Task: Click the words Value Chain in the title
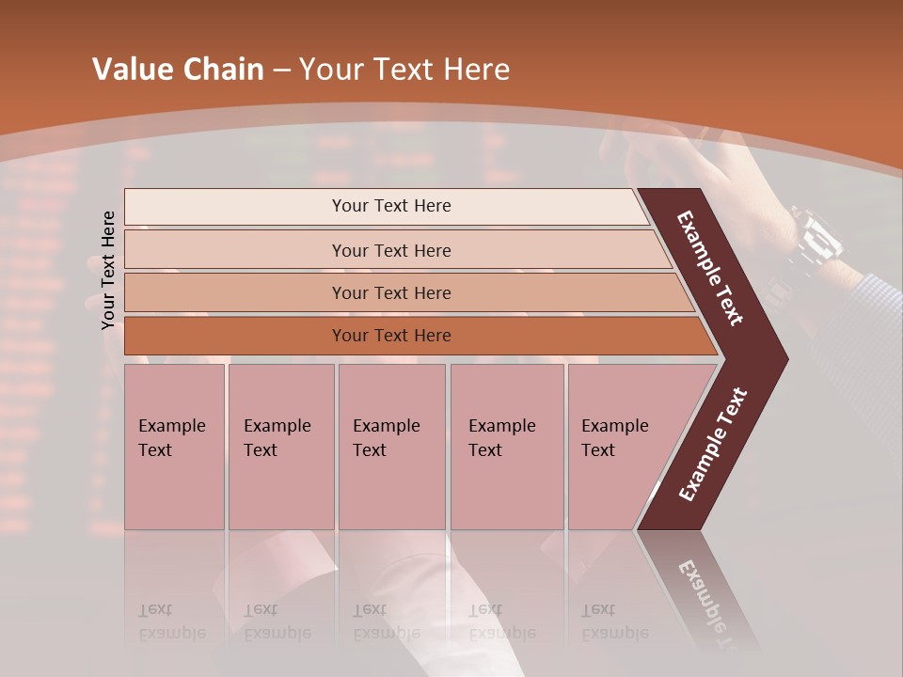[x=178, y=70]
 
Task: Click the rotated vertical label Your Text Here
[x=109, y=270]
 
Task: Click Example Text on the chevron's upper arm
[x=710, y=268]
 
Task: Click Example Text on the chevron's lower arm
[x=713, y=444]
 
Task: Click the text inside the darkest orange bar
[x=391, y=336]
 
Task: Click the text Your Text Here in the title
[x=404, y=70]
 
